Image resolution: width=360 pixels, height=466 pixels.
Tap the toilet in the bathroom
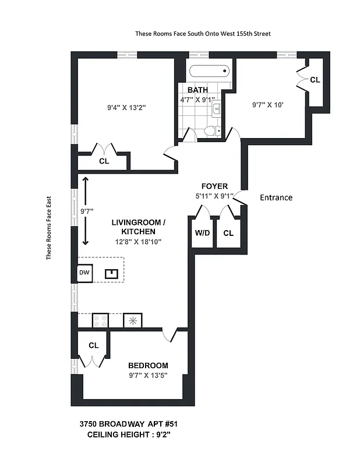[212, 130]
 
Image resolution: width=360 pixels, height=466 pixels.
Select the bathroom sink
[217, 108]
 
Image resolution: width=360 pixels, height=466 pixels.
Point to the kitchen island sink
[111, 273]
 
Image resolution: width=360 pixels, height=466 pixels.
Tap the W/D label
[202, 234]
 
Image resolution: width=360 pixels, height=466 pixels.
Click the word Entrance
[276, 197]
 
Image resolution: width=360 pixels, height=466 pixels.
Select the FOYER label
[211, 186]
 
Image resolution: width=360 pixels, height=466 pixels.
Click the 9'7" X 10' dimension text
[267, 105]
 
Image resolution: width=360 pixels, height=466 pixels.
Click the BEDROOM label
[148, 365]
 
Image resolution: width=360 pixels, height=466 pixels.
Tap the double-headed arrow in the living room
[86, 211]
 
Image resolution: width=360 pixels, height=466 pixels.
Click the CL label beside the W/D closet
[228, 234]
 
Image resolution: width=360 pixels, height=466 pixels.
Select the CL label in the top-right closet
[315, 80]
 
